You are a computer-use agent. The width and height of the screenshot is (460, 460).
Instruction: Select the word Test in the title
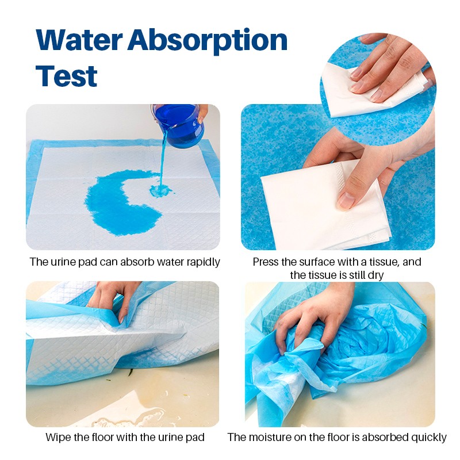coord(66,76)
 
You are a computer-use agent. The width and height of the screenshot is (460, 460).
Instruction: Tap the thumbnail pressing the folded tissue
coord(347,199)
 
